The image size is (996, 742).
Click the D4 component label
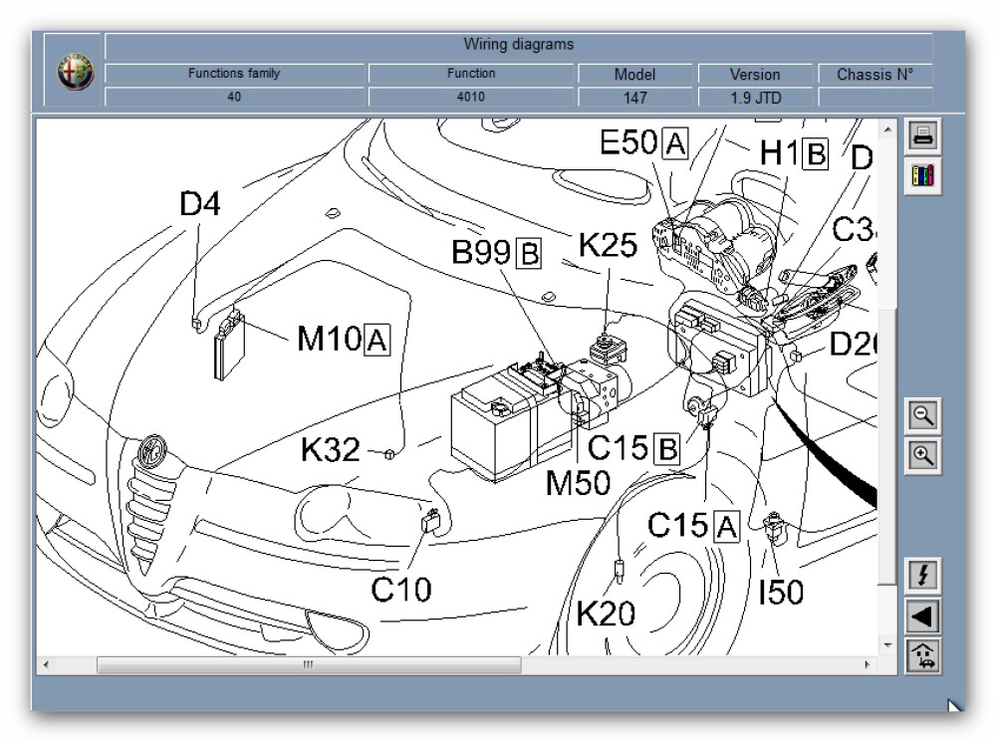pyautogui.click(x=200, y=204)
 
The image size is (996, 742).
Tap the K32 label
pyautogui.click(x=330, y=450)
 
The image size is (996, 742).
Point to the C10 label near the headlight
pyautogui.click(x=401, y=589)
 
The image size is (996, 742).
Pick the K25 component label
pyautogui.click(x=608, y=245)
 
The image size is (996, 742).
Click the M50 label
pyautogui.click(x=578, y=483)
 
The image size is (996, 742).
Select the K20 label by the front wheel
pyautogui.click(x=606, y=615)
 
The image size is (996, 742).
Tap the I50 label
pyautogui.click(x=781, y=593)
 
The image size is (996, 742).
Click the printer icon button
pyautogui.click(x=923, y=137)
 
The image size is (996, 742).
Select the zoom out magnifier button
pyautogui.click(x=923, y=416)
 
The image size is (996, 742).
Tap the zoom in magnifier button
pyautogui.click(x=923, y=456)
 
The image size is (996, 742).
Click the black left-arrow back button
pyautogui.click(x=923, y=617)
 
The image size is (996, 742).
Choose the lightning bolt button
pyautogui.click(x=923, y=576)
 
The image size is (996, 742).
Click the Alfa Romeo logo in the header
pyautogui.click(x=75, y=75)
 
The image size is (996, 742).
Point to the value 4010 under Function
pyautogui.click(x=471, y=97)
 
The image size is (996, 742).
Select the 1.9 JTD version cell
pyautogui.click(x=755, y=98)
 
